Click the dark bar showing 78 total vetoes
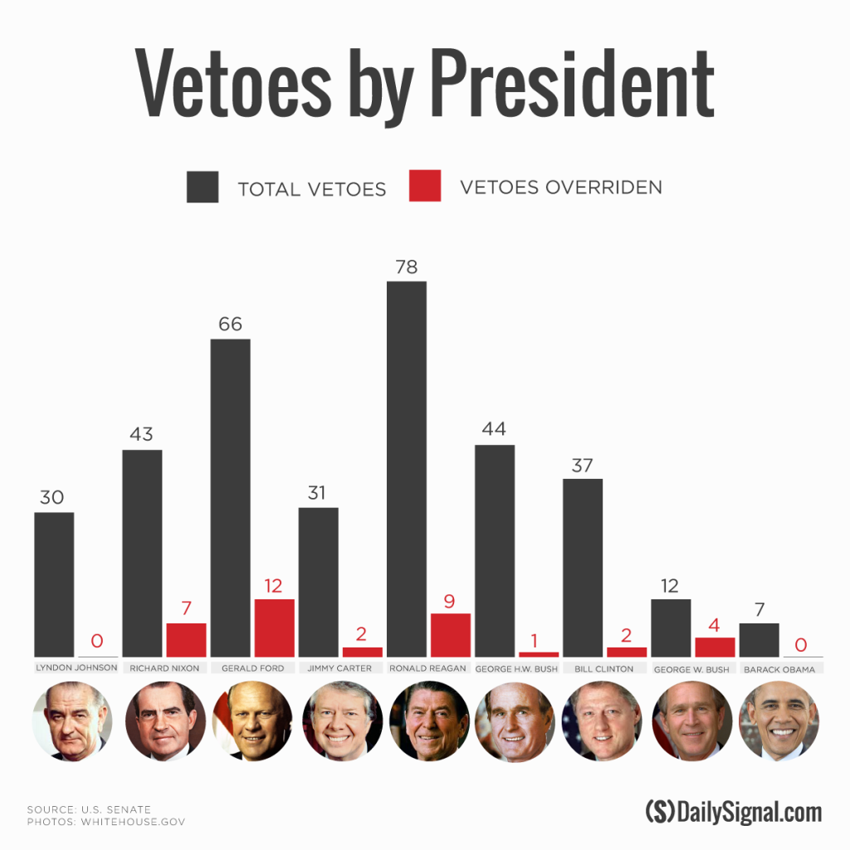(x=407, y=469)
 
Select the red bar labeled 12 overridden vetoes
(x=274, y=628)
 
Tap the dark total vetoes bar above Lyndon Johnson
(x=54, y=584)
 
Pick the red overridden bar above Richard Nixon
(x=186, y=640)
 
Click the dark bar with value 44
(x=495, y=551)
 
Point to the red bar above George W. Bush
(x=715, y=647)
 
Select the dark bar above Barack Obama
(x=759, y=640)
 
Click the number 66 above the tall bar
(x=230, y=324)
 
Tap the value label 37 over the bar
(x=582, y=465)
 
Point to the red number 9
(x=450, y=602)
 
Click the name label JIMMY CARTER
(x=340, y=668)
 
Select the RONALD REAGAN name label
(x=428, y=668)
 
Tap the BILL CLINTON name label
(x=603, y=668)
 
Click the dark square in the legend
(x=203, y=188)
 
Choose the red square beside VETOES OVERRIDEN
(x=424, y=187)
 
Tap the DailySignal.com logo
(x=733, y=811)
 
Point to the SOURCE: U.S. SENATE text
(x=89, y=809)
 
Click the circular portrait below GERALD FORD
(x=252, y=721)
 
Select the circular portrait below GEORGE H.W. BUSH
(x=515, y=721)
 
